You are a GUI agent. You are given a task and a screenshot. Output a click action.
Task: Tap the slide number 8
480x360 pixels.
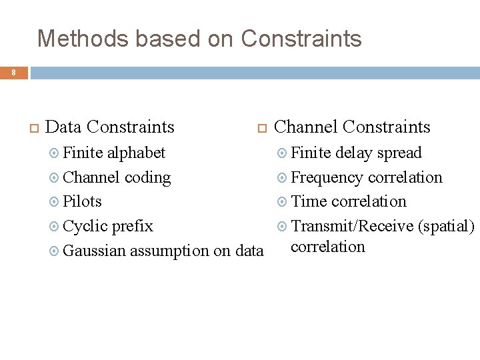tap(13, 71)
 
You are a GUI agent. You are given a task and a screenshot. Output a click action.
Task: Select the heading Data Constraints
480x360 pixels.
tap(111, 127)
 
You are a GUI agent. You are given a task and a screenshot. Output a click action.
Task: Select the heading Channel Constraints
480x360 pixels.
tap(352, 127)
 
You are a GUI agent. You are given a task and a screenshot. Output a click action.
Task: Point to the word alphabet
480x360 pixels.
tap(137, 153)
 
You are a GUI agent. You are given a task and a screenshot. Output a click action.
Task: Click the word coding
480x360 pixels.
tap(148, 177)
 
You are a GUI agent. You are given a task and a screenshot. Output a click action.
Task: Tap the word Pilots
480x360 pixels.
tap(83, 201)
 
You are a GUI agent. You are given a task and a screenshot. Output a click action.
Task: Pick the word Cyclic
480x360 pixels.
tap(85, 226)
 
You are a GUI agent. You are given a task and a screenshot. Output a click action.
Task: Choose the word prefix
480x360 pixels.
tap(132, 226)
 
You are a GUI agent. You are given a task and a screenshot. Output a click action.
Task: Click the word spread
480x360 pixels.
tap(399, 153)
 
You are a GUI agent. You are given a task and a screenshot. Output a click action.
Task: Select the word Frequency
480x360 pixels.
tap(327, 177)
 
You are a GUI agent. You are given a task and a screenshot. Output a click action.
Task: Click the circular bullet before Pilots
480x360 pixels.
tap(55, 202)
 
